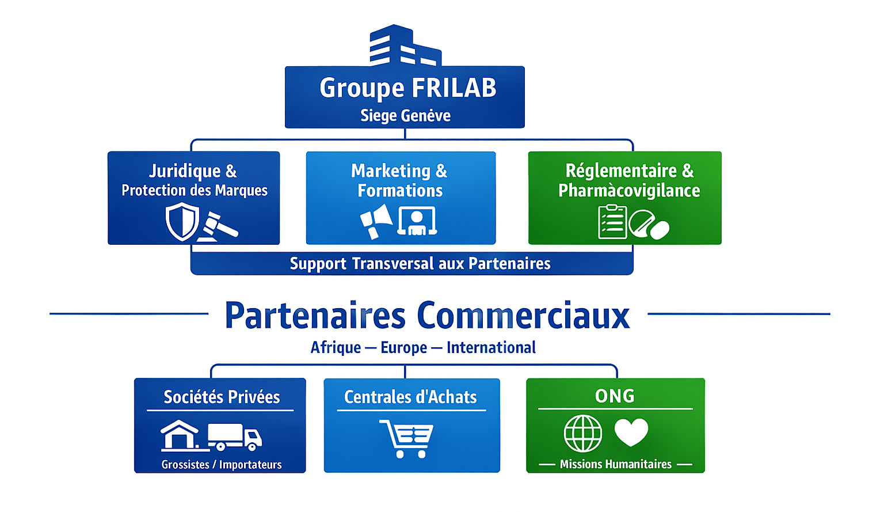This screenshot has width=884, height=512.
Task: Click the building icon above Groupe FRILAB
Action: (405, 46)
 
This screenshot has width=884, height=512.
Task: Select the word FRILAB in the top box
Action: (454, 88)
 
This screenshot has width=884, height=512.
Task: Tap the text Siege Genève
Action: (405, 116)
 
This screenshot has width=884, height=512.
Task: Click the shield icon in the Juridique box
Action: (182, 222)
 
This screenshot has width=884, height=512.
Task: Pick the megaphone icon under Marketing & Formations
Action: (376, 221)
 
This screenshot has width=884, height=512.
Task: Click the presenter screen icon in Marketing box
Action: (417, 222)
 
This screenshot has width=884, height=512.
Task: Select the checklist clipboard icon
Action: (612, 222)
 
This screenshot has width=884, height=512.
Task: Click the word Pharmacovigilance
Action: (629, 191)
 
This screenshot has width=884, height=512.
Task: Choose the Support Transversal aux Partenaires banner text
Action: (420, 264)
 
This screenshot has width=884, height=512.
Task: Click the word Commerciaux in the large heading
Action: (523, 316)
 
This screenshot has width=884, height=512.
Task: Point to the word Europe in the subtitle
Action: (403, 348)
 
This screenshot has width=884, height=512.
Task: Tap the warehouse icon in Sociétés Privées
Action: (180, 435)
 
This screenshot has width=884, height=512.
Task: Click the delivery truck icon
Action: (234, 437)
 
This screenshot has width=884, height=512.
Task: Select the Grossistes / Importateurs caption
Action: (222, 465)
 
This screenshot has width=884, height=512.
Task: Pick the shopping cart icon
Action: (406, 438)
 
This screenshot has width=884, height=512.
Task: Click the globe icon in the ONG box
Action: (582, 434)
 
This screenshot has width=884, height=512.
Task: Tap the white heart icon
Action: (631, 432)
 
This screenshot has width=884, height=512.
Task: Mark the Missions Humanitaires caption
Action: (615, 464)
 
